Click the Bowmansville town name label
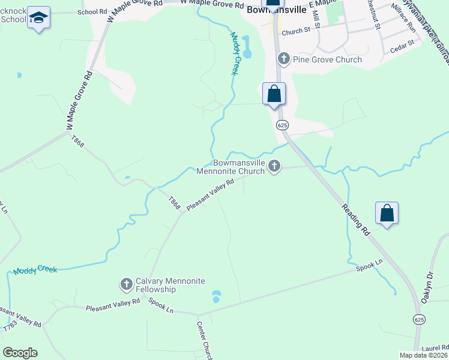pyautogui.click(x=277, y=11)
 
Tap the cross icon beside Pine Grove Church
pyautogui.click(x=283, y=59)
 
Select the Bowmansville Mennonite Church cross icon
pyautogui.click(x=274, y=166)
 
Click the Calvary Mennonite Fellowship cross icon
pyautogui.click(x=126, y=283)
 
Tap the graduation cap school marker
pyautogui.click(x=39, y=19)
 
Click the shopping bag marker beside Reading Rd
pyautogui.click(x=387, y=214)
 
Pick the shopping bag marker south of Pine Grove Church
pyautogui.click(x=274, y=94)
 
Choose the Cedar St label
pyautogui.click(x=402, y=45)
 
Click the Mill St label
pyautogui.click(x=316, y=18)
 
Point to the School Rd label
pyautogui.click(x=92, y=12)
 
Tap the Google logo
pyautogui.click(x=20, y=353)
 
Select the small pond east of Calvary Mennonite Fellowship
pyautogui.click(x=217, y=296)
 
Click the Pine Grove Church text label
pyautogui.click(x=327, y=59)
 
